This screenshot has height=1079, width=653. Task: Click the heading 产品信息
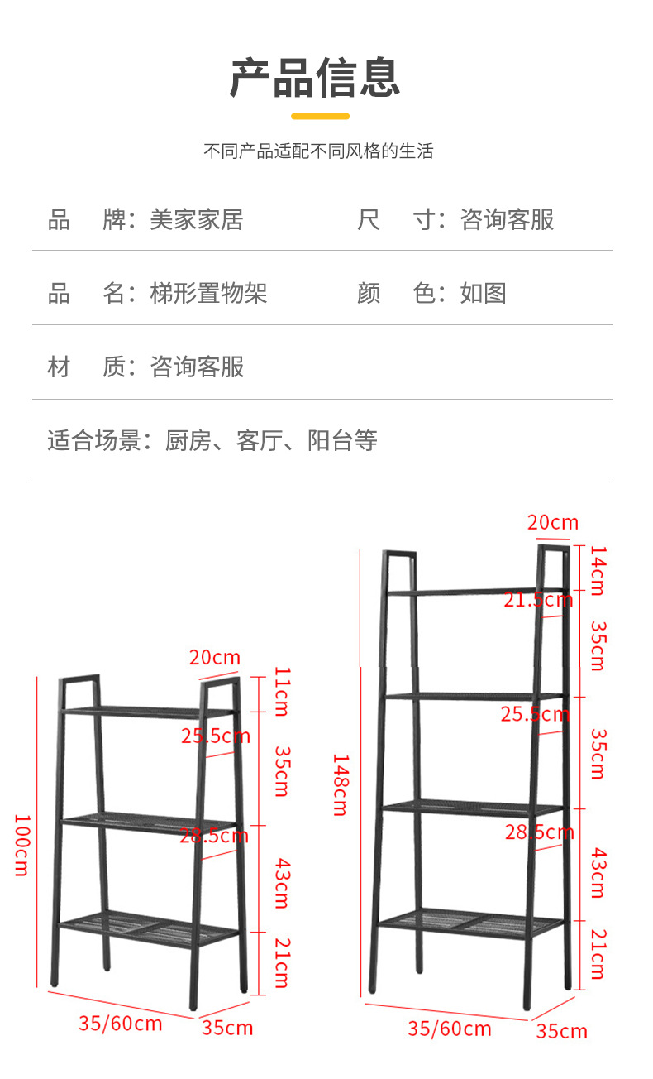[x=315, y=78]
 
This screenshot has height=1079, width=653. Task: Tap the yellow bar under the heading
[x=321, y=116]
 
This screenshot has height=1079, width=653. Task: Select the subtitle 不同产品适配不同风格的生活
[x=318, y=151]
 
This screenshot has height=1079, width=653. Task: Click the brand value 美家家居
[x=196, y=220]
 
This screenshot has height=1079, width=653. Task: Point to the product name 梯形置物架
[x=208, y=294]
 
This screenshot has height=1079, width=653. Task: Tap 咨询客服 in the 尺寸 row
[x=507, y=220]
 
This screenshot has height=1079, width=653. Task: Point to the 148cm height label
[x=340, y=784]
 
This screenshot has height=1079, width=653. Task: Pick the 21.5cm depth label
[x=538, y=600]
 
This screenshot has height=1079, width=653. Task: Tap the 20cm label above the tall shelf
[x=553, y=522]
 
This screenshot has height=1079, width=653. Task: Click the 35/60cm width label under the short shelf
[x=121, y=1023]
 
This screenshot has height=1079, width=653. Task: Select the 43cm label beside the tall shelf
[x=598, y=873]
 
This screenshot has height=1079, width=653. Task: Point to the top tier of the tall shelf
[x=475, y=592]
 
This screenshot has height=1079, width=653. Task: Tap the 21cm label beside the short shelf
[x=281, y=962]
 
